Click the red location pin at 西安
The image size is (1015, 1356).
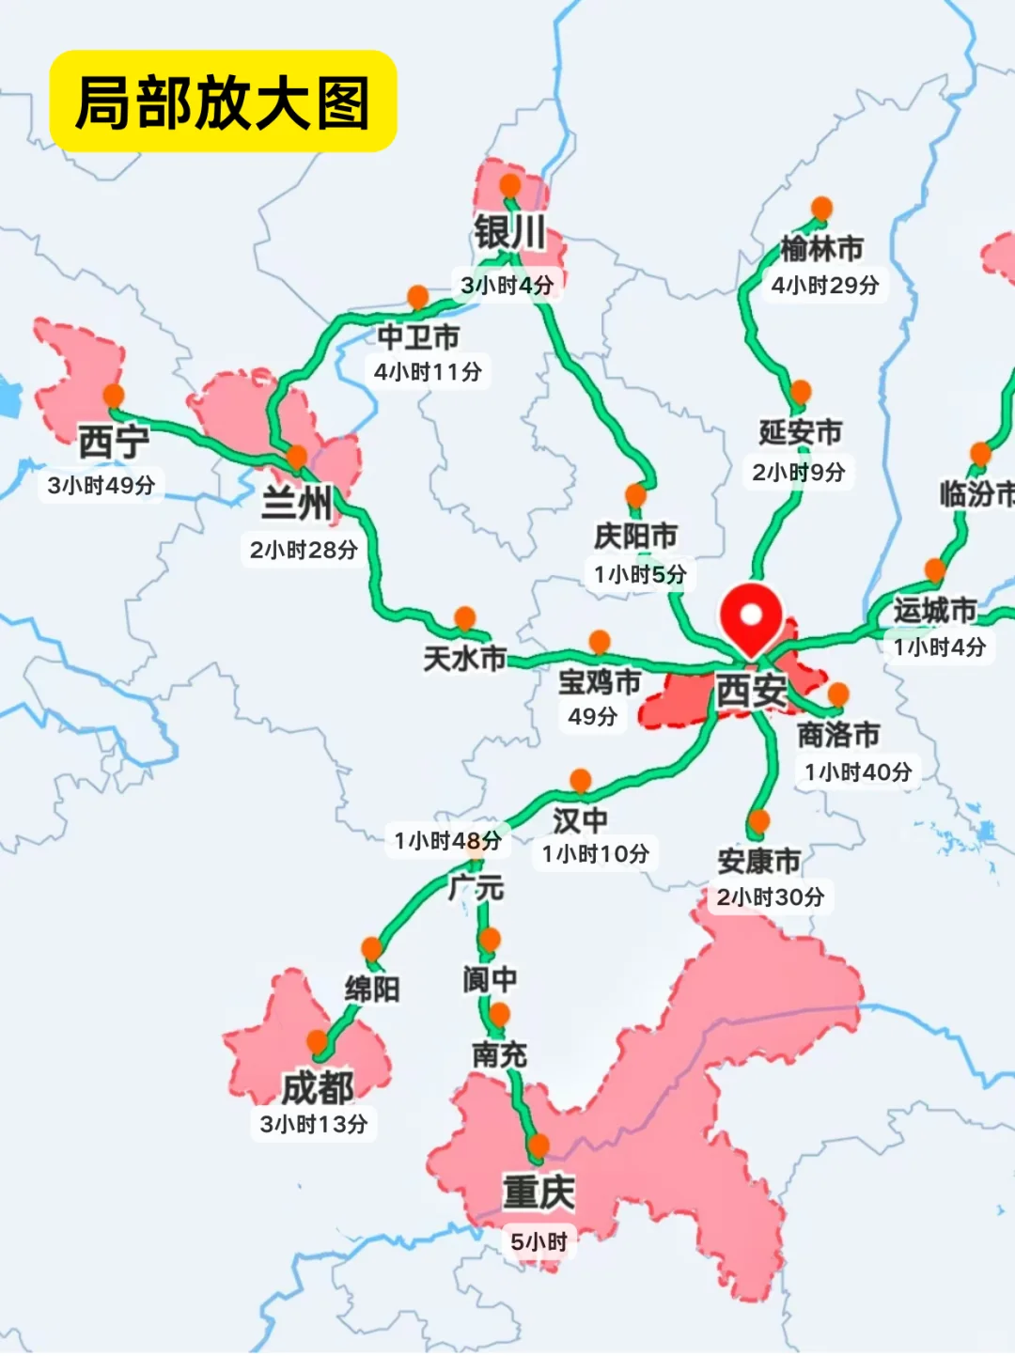(x=751, y=616)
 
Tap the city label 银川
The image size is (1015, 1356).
(x=509, y=232)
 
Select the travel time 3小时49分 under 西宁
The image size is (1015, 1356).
(x=101, y=485)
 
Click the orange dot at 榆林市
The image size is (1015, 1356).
(x=821, y=208)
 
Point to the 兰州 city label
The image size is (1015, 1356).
(x=297, y=504)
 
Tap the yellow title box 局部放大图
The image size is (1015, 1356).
(x=223, y=101)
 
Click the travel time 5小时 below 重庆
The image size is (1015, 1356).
(x=539, y=1241)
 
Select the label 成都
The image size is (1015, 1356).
(x=318, y=1088)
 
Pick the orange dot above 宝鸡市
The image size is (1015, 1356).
(x=600, y=642)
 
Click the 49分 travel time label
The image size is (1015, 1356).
(x=592, y=716)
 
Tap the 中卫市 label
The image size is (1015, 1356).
(x=418, y=336)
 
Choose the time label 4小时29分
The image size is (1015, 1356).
(x=825, y=285)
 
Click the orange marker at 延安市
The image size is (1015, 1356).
(x=801, y=392)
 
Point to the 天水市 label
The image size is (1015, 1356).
(x=464, y=658)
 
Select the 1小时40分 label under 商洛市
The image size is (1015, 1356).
(x=858, y=772)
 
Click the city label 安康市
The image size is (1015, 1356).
(x=759, y=861)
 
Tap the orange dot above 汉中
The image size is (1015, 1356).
(x=581, y=780)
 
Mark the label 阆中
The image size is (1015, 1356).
(x=490, y=979)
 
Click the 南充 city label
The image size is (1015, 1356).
(x=499, y=1054)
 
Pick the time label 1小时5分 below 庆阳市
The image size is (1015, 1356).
(x=640, y=574)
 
